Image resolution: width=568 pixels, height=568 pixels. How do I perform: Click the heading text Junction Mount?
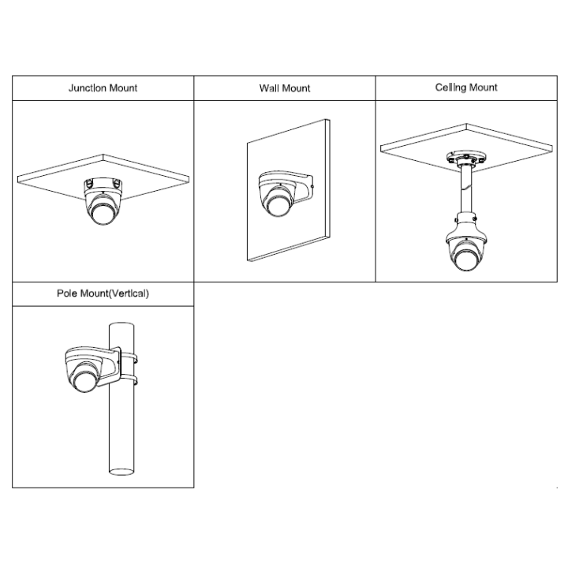pyautogui.click(x=103, y=88)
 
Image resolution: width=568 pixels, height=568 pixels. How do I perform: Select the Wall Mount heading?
pyautogui.click(x=285, y=88)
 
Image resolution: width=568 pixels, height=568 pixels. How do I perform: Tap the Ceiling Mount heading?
pyautogui.click(x=466, y=88)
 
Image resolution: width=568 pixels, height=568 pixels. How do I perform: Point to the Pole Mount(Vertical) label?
pyautogui.click(x=103, y=293)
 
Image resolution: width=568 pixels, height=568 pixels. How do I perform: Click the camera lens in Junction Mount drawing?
pyautogui.click(x=103, y=214)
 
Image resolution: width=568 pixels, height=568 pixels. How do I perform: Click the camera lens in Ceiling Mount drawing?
pyautogui.click(x=466, y=260)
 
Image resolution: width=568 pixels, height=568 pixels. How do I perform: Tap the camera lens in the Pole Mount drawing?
pyautogui.click(x=85, y=381)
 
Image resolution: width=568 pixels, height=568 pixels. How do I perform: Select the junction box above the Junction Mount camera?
pyautogui.click(x=103, y=184)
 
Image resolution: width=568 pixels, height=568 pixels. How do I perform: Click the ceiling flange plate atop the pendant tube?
pyautogui.click(x=466, y=158)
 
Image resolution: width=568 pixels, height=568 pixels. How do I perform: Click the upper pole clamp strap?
pyautogui.click(x=129, y=359)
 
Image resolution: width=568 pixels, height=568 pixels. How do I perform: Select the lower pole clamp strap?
pyautogui.click(x=129, y=379)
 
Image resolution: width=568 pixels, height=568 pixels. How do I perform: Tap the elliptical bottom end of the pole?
pyautogui.click(x=121, y=471)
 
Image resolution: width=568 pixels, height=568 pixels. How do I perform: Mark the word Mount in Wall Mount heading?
pyautogui.click(x=297, y=88)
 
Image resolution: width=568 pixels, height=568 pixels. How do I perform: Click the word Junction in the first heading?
pyautogui.click(x=88, y=88)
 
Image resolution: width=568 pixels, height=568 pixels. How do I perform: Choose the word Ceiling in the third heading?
pyautogui.click(x=450, y=88)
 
